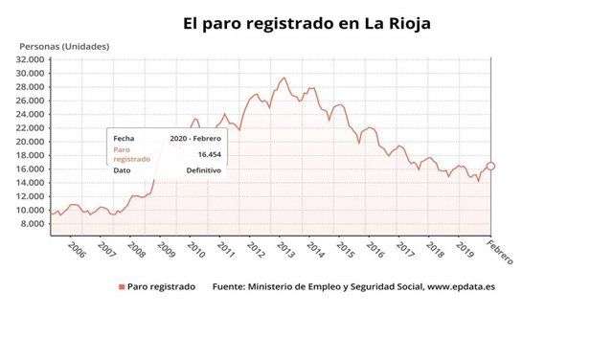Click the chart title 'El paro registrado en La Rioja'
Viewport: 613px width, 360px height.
306,20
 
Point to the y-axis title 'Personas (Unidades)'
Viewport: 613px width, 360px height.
65,46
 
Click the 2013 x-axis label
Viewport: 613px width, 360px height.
285,249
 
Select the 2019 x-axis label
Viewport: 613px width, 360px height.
465,249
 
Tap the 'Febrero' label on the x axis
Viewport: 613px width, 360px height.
499,253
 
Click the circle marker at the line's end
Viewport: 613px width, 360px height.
490,166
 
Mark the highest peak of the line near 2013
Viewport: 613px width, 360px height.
284,79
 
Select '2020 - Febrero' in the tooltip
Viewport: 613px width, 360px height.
195,139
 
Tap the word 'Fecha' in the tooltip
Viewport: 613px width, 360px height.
125,139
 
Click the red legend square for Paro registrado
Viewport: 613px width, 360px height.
122,286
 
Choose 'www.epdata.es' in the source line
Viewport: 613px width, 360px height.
462,286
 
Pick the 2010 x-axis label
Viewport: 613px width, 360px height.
195,249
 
